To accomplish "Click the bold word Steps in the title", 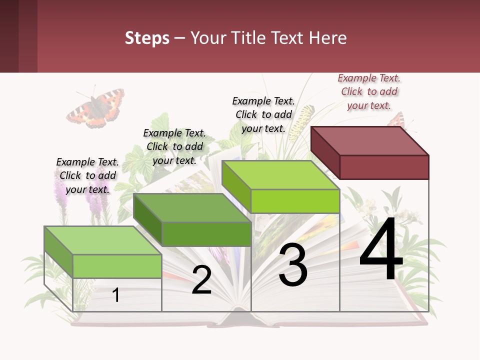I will tap(147, 38).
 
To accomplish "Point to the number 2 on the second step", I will tap(201, 280).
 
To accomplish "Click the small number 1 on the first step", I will tap(116, 295).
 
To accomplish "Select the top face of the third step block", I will tap(280, 175).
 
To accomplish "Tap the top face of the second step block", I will tap(192, 207).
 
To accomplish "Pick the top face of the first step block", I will tap(102, 240).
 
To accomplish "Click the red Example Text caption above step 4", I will tap(369, 91).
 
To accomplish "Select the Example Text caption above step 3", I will tap(263, 114).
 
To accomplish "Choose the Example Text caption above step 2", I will tap(174, 146).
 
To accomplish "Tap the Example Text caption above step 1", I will tap(87, 175).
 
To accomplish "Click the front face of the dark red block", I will tap(384, 167).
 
